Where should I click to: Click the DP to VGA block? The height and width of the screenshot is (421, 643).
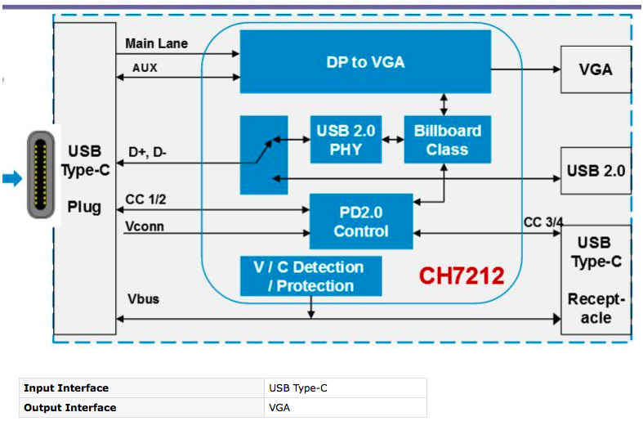click(x=364, y=61)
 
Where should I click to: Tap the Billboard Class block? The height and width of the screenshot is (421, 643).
click(x=447, y=140)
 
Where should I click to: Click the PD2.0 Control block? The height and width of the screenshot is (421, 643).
click(x=360, y=222)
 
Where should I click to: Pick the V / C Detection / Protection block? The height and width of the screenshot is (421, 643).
click(x=310, y=276)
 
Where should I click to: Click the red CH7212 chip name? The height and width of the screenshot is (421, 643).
click(x=462, y=275)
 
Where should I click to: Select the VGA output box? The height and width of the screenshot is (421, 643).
click(x=595, y=69)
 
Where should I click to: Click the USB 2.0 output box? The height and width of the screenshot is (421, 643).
click(x=595, y=171)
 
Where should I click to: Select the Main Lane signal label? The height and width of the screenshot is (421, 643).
click(x=157, y=43)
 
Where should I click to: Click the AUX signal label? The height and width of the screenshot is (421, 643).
click(x=145, y=69)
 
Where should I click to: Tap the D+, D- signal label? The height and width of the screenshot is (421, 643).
click(x=148, y=152)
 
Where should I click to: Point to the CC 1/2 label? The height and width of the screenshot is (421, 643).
click(x=146, y=199)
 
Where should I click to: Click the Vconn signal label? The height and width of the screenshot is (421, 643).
click(x=145, y=226)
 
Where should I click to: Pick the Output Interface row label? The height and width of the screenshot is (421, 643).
click(x=70, y=407)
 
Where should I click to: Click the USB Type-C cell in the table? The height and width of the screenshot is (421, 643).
click(x=298, y=387)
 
